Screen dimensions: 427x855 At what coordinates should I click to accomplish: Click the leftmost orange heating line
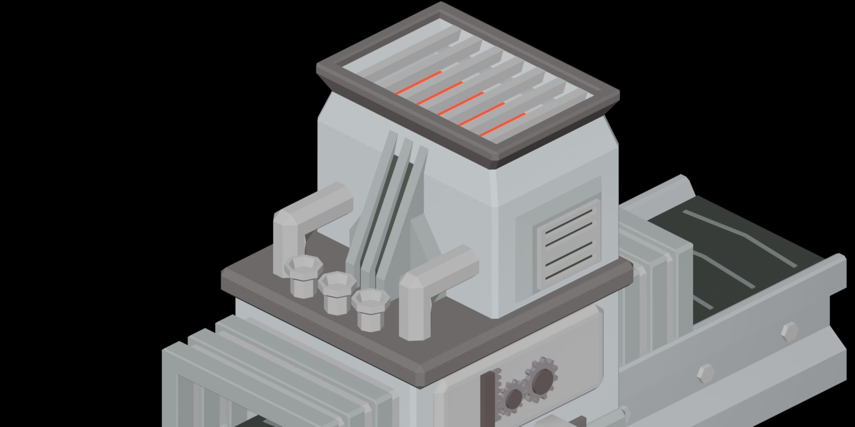pos(418,83)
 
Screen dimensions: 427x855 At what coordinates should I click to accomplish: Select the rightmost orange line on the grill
pos(502,125)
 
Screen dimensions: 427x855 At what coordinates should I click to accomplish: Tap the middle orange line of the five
pos(460,104)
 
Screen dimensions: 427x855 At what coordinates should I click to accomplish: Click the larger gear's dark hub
pos(542,381)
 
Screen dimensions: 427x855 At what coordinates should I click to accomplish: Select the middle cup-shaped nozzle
pos(337,292)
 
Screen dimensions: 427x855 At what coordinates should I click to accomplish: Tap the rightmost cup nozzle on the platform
pos(370,309)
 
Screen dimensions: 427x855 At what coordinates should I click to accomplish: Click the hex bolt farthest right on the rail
pos(790,331)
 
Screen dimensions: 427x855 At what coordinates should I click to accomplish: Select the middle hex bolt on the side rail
pos(705,373)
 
